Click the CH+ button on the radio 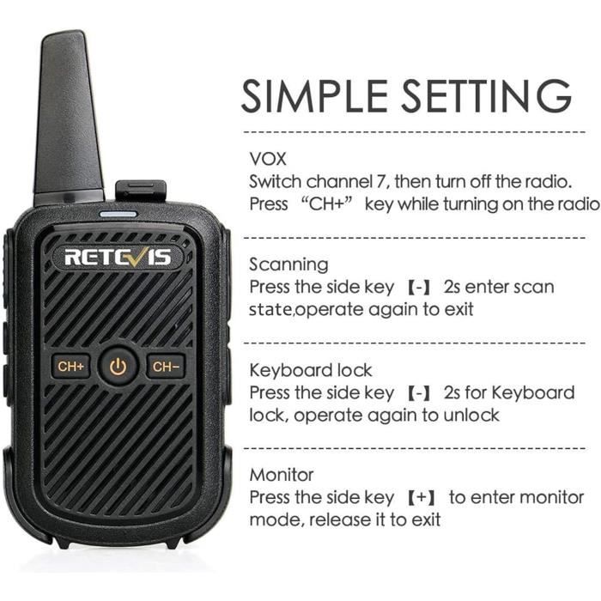tap(70, 367)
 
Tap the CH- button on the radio tap(166, 367)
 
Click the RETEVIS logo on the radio tap(118, 256)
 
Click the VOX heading tap(268, 159)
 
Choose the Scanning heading tap(288, 264)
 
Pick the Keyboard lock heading tap(311, 370)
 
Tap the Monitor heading tap(282, 475)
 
